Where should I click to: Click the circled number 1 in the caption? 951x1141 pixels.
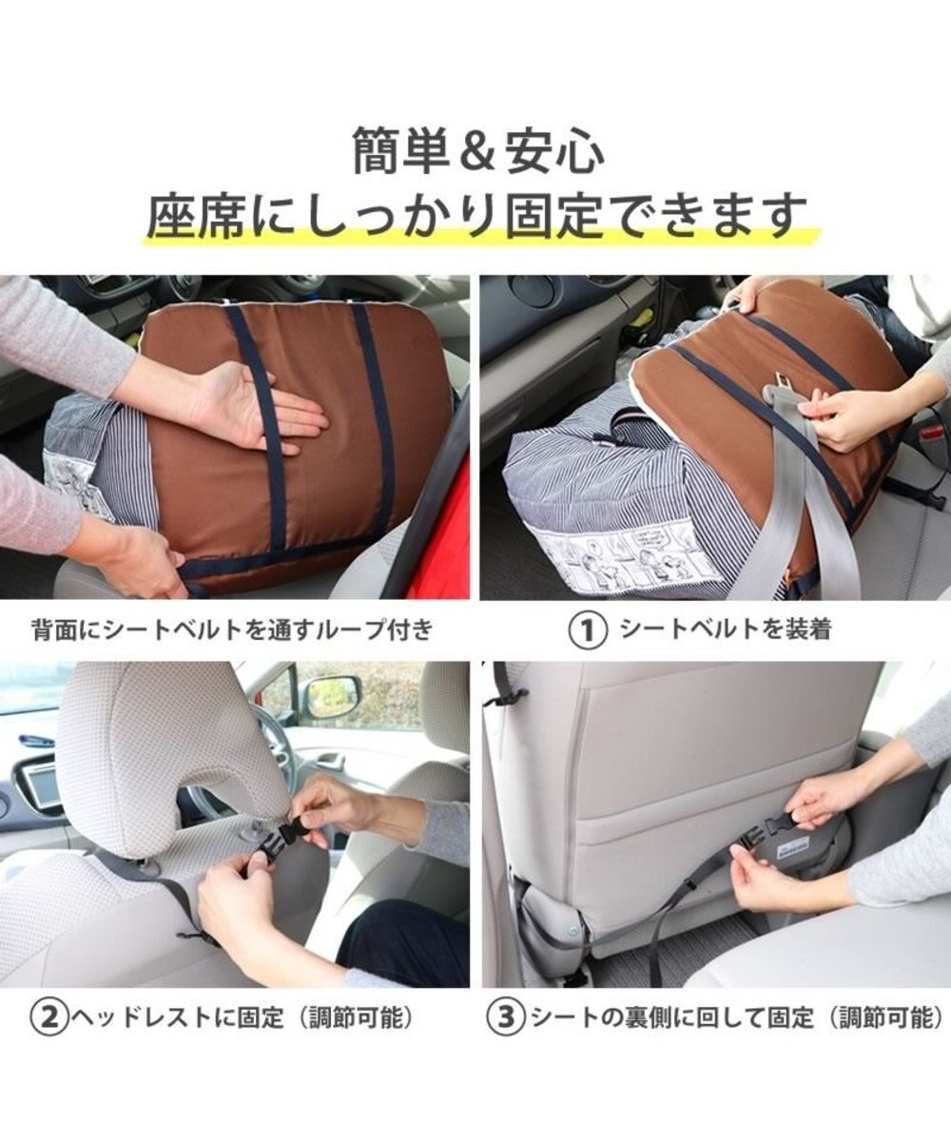coord(588,630)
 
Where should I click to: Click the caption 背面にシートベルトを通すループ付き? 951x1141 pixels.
coord(233,630)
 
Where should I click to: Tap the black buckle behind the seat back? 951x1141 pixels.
coord(766,832)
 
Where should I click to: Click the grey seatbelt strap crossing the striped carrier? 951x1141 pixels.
coord(787,508)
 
